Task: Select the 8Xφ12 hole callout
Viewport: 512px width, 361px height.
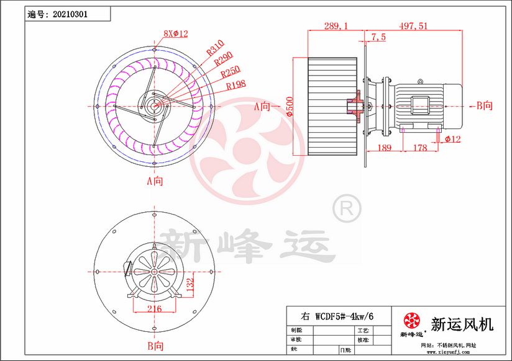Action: pyautogui.click(x=175, y=33)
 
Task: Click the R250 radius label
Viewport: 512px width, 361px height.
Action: pyautogui.click(x=231, y=72)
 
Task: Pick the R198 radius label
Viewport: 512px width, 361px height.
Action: pyautogui.click(x=237, y=85)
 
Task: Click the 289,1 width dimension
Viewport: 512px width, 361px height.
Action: pyautogui.click(x=336, y=26)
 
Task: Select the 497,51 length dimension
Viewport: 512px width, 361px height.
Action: pyautogui.click(x=412, y=26)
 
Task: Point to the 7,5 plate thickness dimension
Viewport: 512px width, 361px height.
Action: pyautogui.click(x=378, y=38)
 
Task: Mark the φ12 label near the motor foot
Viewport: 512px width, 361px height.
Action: pyautogui.click(x=453, y=140)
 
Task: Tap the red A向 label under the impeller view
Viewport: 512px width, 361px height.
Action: pyautogui.click(x=154, y=182)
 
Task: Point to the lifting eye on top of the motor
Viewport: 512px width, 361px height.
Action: pyautogui.click(x=421, y=81)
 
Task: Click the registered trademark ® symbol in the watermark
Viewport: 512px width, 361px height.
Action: pyautogui.click(x=347, y=208)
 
